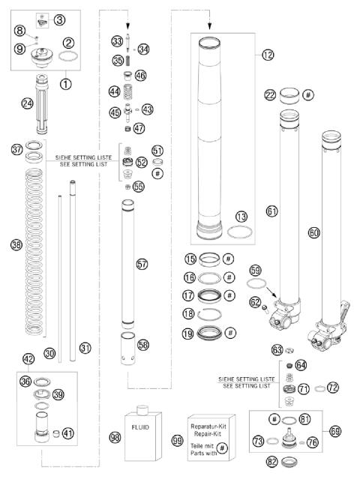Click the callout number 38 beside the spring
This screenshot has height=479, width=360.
[16, 244]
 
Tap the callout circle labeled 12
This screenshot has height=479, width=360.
[268, 54]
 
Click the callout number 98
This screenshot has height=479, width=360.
[115, 437]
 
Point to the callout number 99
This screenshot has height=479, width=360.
[177, 442]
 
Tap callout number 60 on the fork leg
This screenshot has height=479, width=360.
[313, 233]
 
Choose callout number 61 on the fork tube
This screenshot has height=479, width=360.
[271, 212]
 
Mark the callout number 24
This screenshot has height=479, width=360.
[28, 103]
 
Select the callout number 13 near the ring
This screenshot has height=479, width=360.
[242, 216]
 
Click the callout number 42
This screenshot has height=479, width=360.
[28, 359]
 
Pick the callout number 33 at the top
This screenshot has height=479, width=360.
[117, 40]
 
